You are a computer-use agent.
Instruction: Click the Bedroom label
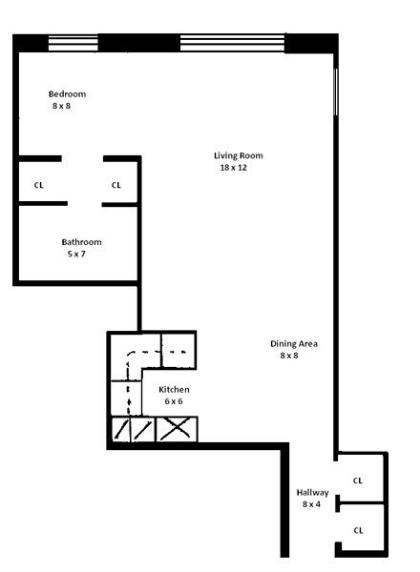(x=67, y=93)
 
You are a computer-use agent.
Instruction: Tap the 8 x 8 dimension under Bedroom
(x=61, y=106)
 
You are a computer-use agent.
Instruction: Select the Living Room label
(x=238, y=155)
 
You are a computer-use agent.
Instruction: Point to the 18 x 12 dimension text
(x=234, y=168)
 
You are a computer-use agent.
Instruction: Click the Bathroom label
(x=81, y=242)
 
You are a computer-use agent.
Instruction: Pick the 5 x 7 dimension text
(x=75, y=255)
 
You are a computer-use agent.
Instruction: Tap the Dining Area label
(x=294, y=343)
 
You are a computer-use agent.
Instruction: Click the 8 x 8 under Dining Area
(x=288, y=356)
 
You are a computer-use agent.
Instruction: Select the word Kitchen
(x=174, y=389)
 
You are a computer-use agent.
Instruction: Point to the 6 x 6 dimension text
(x=173, y=401)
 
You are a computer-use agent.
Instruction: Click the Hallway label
(x=312, y=492)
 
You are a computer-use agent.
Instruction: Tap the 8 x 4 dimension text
(x=312, y=503)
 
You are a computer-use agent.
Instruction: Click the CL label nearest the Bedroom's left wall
(x=38, y=185)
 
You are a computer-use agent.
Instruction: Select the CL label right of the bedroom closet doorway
(x=116, y=185)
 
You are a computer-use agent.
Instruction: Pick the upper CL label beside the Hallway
(x=358, y=480)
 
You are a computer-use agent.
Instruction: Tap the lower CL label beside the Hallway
(x=358, y=529)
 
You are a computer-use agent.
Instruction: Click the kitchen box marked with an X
(x=176, y=430)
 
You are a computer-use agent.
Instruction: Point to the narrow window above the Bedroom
(x=73, y=43)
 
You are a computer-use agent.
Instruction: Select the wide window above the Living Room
(x=232, y=43)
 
